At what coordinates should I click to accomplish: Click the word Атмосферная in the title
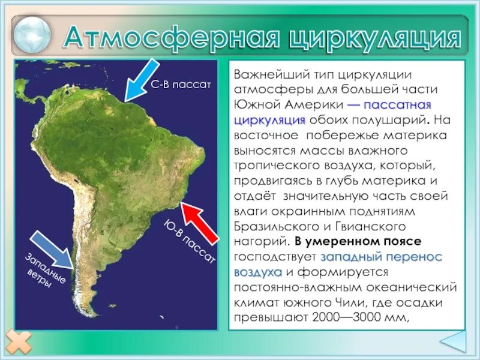click(x=171, y=38)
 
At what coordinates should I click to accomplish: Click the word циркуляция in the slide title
click(x=375, y=38)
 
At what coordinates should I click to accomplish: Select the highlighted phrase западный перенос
click(x=382, y=257)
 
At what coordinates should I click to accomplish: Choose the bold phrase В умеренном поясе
click(x=358, y=242)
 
